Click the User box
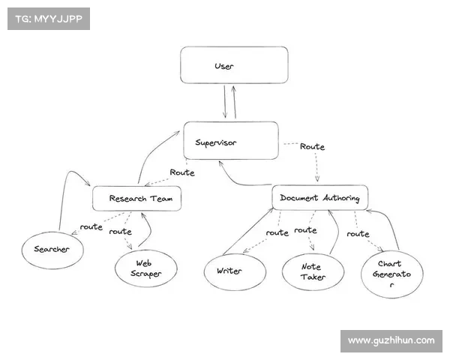click(x=234, y=65)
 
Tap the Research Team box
click(x=136, y=199)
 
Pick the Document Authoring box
click(x=319, y=198)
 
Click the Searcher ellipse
click(x=52, y=249)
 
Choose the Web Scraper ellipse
click(x=145, y=268)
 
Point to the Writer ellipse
click(x=234, y=271)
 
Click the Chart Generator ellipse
click(x=392, y=274)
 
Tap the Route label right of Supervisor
click(x=312, y=147)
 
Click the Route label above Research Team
click(x=181, y=172)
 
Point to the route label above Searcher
click(x=91, y=226)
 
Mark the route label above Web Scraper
click(x=120, y=232)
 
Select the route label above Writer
click(x=277, y=232)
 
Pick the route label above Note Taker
click(x=305, y=230)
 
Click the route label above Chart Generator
click(x=358, y=233)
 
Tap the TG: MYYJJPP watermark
click(x=48, y=18)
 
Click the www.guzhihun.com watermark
click(x=391, y=340)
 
